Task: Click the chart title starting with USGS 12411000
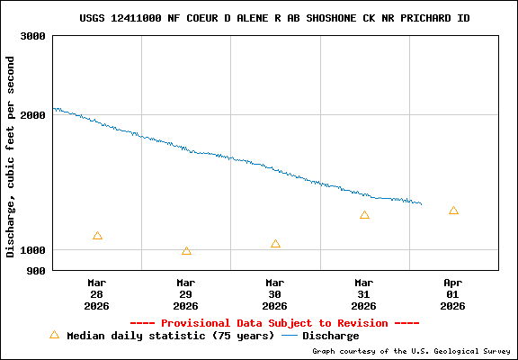coord(274,18)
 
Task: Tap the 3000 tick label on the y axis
coord(33,36)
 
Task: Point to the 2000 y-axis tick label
coord(33,115)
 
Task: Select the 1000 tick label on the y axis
coord(33,250)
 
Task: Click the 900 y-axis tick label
coord(37,270)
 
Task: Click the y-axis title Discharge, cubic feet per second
coord(11,157)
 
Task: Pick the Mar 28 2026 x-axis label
coord(97,294)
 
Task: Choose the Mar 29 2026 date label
coord(186,294)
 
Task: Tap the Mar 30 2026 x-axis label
coord(275,294)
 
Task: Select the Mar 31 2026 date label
coord(364,294)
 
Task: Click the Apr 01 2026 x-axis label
coord(453,294)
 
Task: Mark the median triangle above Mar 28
coord(97,236)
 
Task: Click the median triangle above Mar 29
coord(186,251)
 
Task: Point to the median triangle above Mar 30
coord(275,244)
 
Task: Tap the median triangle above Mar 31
coord(364,215)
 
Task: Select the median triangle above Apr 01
coord(453,211)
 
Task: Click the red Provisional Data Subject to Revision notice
coord(274,323)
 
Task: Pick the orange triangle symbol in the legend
coord(54,335)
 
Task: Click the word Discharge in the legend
coord(330,336)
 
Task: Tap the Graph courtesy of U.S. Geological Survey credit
coord(411,351)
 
